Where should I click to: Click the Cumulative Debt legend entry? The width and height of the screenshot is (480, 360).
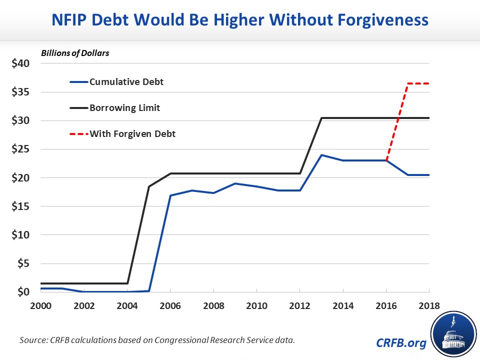click(126, 82)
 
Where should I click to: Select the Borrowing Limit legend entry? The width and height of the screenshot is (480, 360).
click(124, 107)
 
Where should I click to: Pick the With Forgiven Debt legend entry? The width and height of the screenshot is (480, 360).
click(132, 133)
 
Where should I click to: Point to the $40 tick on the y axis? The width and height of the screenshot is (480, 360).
click(20, 63)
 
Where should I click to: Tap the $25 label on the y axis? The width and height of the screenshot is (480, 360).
click(20, 149)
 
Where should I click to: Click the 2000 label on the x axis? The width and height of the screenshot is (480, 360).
click(41, 305)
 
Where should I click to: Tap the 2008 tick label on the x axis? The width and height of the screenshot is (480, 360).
click(213, 305)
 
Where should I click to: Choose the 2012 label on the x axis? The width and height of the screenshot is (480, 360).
click(299, 305)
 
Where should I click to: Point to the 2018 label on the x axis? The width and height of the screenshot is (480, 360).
click(428, 305)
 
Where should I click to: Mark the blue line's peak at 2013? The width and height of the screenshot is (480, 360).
click(321, 155)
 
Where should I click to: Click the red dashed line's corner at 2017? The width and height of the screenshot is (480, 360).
click(407, 83)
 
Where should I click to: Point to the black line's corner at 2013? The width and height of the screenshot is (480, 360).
click(321, 118)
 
